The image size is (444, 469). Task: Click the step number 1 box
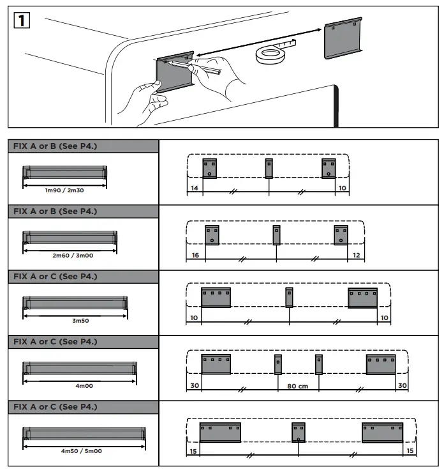click(x=22, y=20)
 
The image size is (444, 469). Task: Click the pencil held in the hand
click(x=203, y=68)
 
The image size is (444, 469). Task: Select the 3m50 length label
click(x=75, y=320)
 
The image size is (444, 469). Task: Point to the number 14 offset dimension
click(x=194, y=188)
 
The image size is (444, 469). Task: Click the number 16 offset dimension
click(x=195, y=254)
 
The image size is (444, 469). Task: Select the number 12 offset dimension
click(x=356, y=254)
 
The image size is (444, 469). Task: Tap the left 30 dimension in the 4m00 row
click(x=195, y=386)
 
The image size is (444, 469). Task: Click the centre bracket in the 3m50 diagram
click(x=289, y=297)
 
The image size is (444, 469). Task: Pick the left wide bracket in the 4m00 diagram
click(x=216, y=364)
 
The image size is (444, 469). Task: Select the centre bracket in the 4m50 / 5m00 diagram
click(x=299, y=432)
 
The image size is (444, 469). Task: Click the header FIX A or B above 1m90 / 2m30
click(x=56, y=146)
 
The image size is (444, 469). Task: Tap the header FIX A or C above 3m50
click(x=56, y=277)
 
